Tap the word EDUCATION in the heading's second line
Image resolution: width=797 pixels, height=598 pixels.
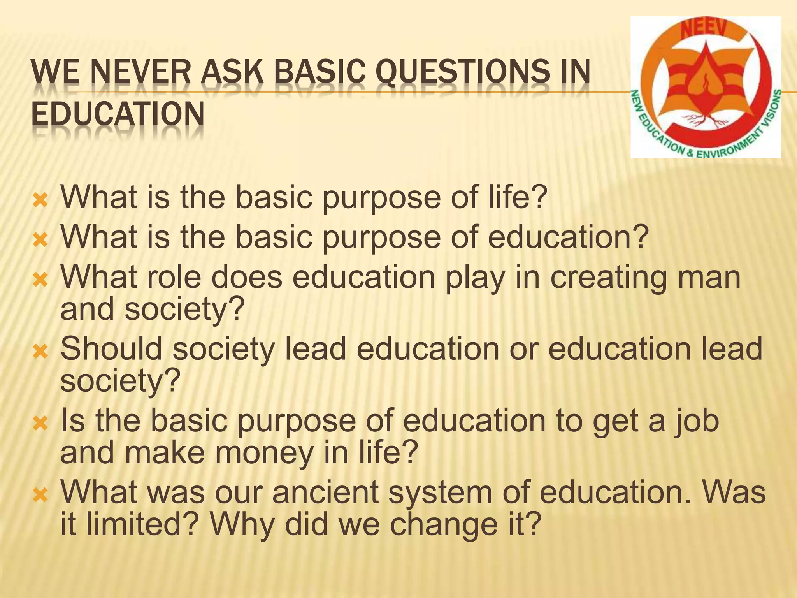pyautogui.click(x=118, y=114)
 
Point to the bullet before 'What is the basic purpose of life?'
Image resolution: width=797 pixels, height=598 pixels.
pyautogui.click(x=40, y=201)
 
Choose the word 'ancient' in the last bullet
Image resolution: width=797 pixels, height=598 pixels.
pyautogui.click(x=325, y=492)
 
